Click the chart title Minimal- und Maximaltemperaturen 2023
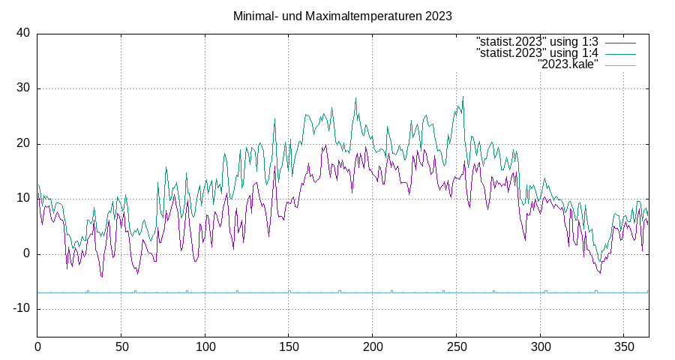[342, 16]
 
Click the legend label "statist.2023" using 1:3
[537, 41]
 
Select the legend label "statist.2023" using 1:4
[537, 53]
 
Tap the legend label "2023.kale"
[568, 65]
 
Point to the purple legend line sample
[620, 42]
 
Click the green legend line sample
[620, 54]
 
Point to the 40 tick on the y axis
[23, 33]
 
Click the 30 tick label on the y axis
[23, 88]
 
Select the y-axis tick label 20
[23, 143]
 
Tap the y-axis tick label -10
[20, 308]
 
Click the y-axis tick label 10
[23, 199]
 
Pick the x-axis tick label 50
[121, 347]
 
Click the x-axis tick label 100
[205, 347]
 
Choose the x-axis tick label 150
[289, 347]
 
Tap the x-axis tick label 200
[373, 347]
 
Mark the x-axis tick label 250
[457, 347]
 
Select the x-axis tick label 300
[540, 347]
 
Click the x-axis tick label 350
[624, 347]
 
